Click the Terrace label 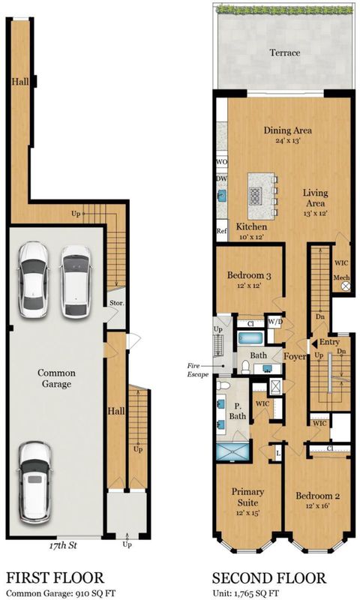coord(285,52)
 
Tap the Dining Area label coord(288,130)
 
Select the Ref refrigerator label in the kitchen coord(222,231)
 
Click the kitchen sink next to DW coord(221,196)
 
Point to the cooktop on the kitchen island coord(256,196)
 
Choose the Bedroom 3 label coord(249,274)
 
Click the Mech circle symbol coord(346,286)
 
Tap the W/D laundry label coord(275,322)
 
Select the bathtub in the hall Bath coord(250,338)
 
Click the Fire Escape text coord(198,370)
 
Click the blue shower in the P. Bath coord(232,451)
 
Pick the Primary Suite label coord(247,496)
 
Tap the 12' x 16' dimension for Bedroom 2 coord(317,505)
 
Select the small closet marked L coord(277,453)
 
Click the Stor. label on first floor coord(117,303)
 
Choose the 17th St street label coord(63,545)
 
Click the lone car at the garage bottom coord(35,482)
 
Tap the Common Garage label coord(56,378)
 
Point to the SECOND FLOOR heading coord(269,577)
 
